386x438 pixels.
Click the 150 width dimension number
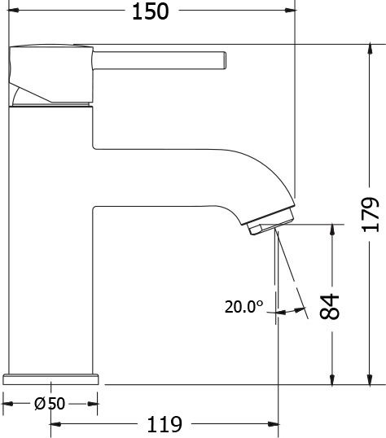[x=151, y=11]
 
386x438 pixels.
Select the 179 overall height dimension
[x=371, y=215]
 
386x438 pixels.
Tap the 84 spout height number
[x=330, y=306]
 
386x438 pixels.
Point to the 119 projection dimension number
[x=164, y=424]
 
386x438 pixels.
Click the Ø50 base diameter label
[x=50, y=404]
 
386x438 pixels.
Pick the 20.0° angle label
[x=244, y=307]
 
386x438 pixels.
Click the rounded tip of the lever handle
[x=225, y=60]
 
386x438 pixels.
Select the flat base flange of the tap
[x=50, y=379]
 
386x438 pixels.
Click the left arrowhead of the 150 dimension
[x=13, y=11]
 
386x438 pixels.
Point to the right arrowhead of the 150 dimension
[x=291, y=11]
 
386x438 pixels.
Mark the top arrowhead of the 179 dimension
[x=370, y=50]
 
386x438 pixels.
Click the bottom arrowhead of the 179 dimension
[x=370, y=379]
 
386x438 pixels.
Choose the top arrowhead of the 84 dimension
[x=332, y=230]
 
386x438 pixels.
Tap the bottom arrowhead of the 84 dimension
[x=332, y=379]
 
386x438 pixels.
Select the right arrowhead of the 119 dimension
[x=273, y=424]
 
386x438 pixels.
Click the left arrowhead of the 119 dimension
[x=56, y=424]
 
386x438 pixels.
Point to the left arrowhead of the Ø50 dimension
[x=8, y=404]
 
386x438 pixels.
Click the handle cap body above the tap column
[x=50, y=75]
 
